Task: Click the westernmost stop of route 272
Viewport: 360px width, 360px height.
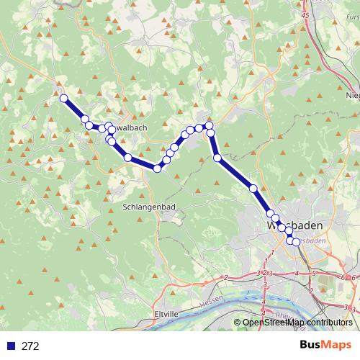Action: pyautogui.click(x=63, y=98)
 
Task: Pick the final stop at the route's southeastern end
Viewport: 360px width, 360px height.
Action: pyautogui.click(x=296, y=242)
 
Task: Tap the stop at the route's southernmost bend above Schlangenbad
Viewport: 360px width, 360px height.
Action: pyautogui.click(x=157, y=168)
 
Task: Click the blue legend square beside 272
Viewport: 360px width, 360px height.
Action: pyautogui.click(x=11, y=346)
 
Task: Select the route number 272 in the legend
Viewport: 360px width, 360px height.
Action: pyautogui.click(x=30, y=346)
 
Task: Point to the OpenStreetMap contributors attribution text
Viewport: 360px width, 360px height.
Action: pyautogui.click(x=297, y=323)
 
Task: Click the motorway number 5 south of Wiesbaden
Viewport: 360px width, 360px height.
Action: pyautogui.click(x=314, y=274)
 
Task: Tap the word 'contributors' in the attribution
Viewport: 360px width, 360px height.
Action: pyautogui.click(x=328, y=323)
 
